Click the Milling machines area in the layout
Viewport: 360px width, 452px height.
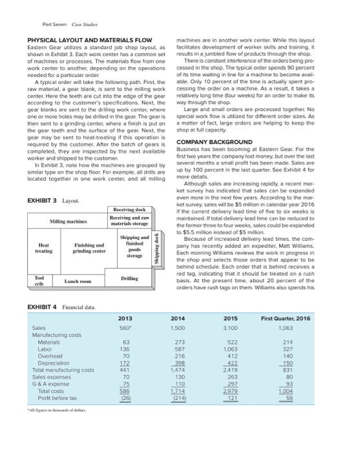point(69,222)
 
